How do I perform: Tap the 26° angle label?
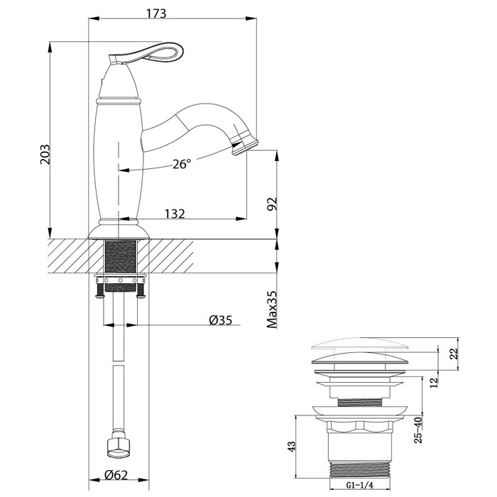click(182, 164)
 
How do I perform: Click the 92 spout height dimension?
click(271, 204)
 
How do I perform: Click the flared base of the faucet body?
click(119, 231)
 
